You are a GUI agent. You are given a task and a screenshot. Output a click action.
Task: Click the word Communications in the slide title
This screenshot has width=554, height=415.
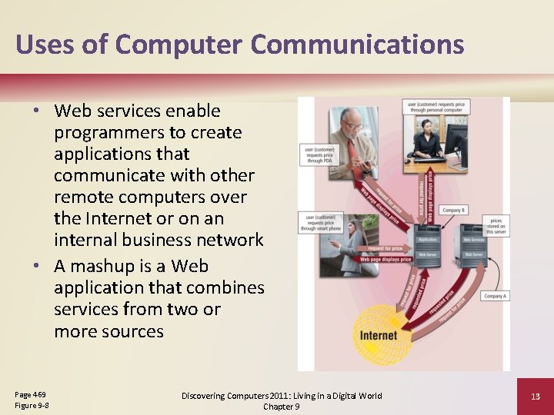(x=357, y=44)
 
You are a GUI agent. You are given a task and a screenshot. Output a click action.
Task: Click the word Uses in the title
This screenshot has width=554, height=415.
(x=47, y=44)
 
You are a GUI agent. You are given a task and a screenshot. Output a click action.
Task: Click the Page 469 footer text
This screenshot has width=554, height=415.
(x=30, y=394)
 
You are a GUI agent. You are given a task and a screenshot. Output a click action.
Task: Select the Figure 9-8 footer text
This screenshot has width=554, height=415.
(x=32, y=405)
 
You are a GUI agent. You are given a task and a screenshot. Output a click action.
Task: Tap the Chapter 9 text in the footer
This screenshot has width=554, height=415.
(x=282, y=406)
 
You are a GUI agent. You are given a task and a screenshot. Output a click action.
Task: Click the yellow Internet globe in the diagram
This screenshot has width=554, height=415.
(x=377, y=334)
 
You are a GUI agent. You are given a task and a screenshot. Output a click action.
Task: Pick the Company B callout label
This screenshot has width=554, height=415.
(x=453, y=211)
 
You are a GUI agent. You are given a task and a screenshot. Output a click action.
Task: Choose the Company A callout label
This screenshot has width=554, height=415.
(x=495, y=296)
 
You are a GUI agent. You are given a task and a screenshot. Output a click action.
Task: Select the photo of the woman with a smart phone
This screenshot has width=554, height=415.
(x=353, y=245)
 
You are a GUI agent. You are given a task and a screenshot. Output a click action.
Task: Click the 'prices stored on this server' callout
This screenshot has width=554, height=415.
(x=494, y=226)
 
